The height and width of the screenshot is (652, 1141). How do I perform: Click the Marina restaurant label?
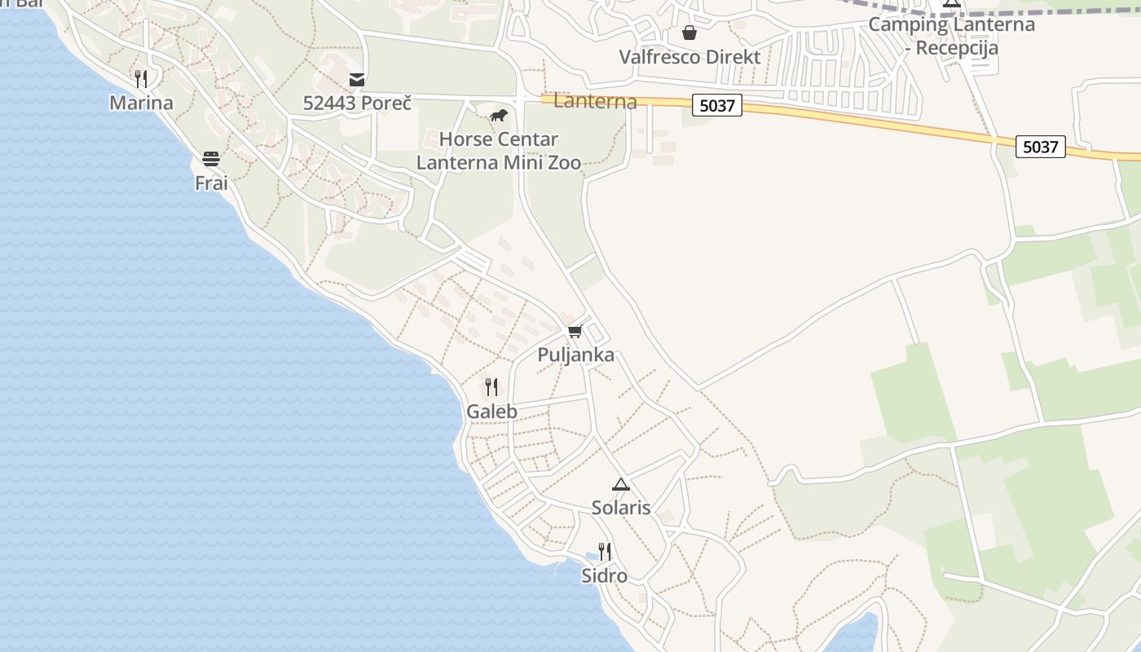point(141,103)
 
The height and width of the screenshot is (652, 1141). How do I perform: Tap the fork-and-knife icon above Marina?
point(141,78)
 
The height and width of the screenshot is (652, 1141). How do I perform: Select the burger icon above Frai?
point(211,158)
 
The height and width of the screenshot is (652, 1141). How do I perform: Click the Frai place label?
point(211,183)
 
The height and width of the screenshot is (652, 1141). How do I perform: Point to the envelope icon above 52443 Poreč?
point(357,79)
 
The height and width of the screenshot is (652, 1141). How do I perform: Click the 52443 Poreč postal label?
point(357,104)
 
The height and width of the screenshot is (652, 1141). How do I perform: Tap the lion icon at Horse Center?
point(498,115)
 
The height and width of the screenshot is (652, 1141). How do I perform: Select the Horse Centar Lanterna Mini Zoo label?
point(499,151)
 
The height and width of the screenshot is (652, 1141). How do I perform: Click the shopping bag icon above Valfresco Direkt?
point(689,33)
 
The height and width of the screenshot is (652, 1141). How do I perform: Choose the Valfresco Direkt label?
point(689,57)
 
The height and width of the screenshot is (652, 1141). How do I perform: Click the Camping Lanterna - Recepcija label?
point(951,36)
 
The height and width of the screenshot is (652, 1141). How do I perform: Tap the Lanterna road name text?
point(595,102)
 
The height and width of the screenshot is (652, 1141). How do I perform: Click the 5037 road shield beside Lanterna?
point(717,105)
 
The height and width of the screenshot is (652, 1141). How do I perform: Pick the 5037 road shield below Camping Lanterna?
point(1041,147)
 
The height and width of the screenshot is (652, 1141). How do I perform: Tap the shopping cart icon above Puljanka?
point(575,331)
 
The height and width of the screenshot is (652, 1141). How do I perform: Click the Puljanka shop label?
point(575,355)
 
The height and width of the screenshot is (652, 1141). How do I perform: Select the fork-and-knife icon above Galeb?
point(491,387)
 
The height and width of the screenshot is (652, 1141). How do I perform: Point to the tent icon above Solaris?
point(621,483)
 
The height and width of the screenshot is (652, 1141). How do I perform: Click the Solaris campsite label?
point(621,508)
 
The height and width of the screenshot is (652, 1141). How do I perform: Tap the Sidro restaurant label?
point(604,576)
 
